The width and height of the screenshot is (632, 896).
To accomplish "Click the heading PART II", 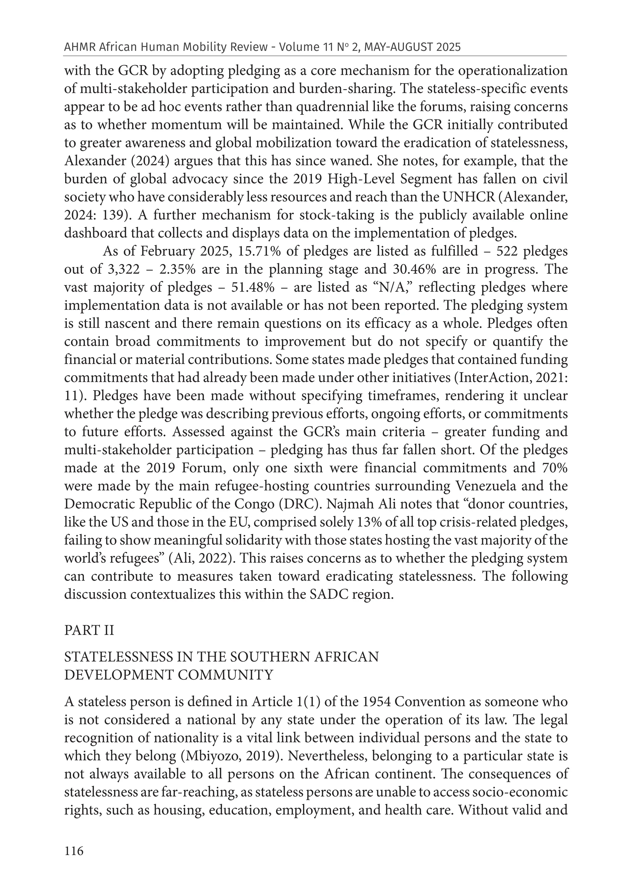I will (89, 630).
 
